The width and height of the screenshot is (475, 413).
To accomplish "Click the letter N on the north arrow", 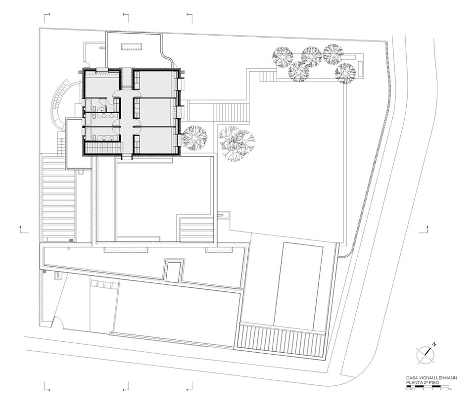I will pos(434,344).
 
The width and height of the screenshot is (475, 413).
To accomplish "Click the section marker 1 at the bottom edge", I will pos(188,389).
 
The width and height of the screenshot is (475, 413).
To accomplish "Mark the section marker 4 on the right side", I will pos(427,228).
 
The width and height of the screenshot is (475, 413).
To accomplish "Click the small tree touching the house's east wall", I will pos(194,138).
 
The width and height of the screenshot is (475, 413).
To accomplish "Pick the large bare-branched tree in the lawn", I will pos(237,141).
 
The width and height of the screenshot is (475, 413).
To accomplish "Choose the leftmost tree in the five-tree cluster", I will pos(283,57).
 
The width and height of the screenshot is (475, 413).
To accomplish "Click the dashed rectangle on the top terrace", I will pos(132,46).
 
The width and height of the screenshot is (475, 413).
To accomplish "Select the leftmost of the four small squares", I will pos(93,285).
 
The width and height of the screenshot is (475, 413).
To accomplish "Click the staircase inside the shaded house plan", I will pos(103,147).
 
